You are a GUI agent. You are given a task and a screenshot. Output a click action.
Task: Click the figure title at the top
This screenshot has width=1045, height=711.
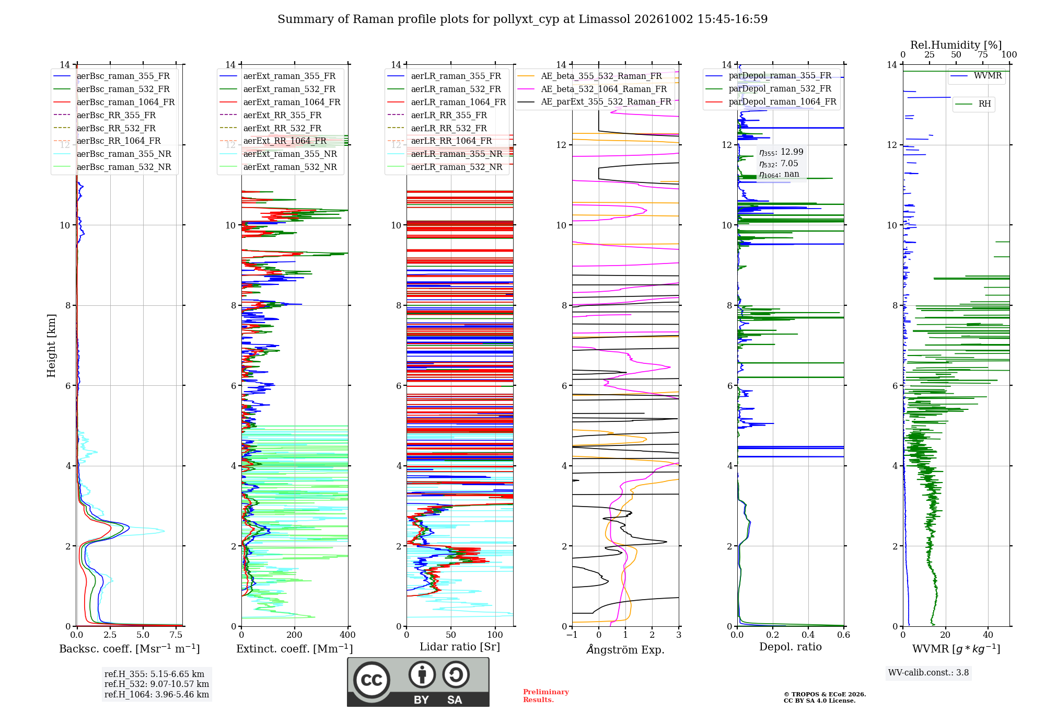(522, 19)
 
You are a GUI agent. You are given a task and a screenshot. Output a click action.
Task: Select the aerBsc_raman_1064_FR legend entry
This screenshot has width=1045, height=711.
(114, 102)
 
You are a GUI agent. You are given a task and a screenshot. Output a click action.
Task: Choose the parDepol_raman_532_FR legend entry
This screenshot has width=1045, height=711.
(769, 88)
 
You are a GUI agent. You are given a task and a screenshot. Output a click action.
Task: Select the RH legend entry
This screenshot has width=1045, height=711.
(973, 104)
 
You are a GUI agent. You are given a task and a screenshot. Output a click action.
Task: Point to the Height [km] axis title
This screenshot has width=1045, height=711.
(51, 346)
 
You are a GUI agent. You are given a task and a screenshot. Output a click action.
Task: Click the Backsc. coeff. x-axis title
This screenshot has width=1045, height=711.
(130, 649)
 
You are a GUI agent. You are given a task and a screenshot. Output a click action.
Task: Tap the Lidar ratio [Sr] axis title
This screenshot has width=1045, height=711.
(460, 647)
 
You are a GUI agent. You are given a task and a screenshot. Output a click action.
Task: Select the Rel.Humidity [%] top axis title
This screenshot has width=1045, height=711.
(956, 45)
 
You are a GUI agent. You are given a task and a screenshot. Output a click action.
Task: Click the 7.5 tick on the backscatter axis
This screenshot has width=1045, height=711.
(176, 635)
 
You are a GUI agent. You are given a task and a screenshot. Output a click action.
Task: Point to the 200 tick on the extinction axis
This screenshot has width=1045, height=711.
(295, 635)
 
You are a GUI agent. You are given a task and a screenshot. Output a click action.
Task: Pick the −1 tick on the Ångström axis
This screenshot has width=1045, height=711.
(572, 635)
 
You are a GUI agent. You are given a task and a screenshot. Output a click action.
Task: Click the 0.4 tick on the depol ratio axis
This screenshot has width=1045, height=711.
(808, 635)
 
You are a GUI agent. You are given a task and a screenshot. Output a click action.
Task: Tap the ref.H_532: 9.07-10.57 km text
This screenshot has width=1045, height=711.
(157, 684)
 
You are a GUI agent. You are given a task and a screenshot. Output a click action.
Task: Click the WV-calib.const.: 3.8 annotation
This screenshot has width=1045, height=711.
(928, 673)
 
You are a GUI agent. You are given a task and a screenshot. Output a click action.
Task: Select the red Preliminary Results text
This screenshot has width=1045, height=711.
(546, 696)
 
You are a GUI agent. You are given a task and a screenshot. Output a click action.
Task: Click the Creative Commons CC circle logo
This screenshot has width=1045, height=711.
(371, 680)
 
